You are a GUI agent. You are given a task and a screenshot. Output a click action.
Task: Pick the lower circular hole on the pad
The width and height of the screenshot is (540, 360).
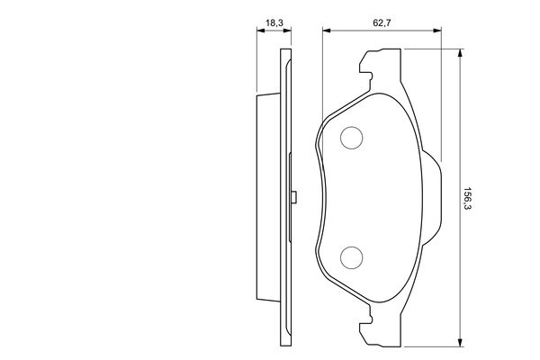pyautogui.click(x=351, y=258)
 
